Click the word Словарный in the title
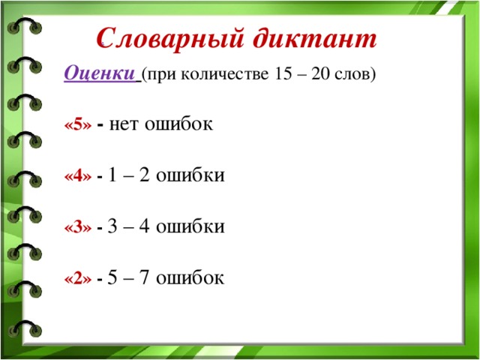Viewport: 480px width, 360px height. pos(170,39)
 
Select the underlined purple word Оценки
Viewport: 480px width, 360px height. pos(99,73)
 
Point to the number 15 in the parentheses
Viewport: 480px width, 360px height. pos(283,73)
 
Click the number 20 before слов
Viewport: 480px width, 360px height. pos(320,73)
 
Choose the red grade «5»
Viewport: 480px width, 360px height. pos(78,125)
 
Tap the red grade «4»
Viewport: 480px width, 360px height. pos(78,176)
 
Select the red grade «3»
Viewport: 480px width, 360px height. pos(78,227)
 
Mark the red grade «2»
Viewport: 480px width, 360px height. pos(78,278)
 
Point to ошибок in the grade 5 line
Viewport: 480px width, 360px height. pos(178,123)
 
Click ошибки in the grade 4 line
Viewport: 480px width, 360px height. pos(190,175)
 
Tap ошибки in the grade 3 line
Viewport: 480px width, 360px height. pos(190,226)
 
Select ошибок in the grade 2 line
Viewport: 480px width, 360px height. pos(190,277)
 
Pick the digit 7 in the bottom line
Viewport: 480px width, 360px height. pos(144,277)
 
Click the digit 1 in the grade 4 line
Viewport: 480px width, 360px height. pos(112,175)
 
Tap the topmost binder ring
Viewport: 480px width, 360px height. pos(25,25)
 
